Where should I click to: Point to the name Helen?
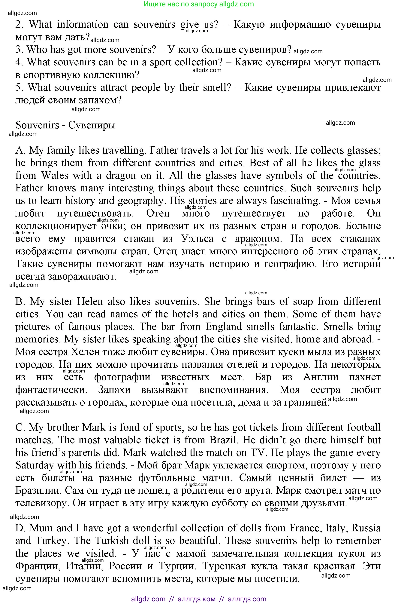(90, 302)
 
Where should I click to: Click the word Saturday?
(35, 465)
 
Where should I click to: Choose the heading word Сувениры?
(92, 125)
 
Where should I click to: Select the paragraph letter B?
(19, 302)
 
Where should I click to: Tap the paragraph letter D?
(20, 528)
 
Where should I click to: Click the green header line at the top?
(199, 4)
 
